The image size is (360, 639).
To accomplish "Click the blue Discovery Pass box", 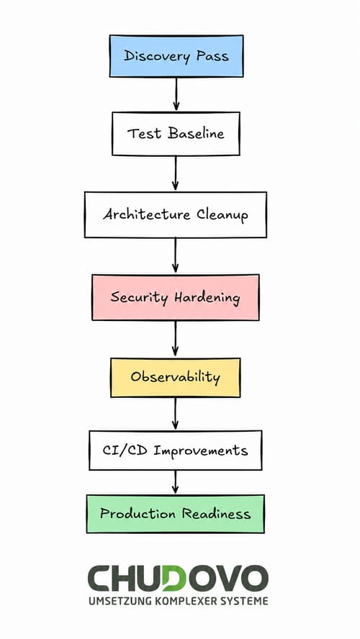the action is coord(176,56).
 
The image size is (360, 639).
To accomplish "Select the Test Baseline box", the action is coord(176,134).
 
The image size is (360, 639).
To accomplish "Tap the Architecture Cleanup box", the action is coord(175,214).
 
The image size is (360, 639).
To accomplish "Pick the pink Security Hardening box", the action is coord(175,297).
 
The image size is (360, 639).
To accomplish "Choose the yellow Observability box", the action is coord(175,377).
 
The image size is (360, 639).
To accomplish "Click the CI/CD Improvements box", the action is coord(175,450).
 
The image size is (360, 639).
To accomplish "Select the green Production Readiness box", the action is coord(175,514).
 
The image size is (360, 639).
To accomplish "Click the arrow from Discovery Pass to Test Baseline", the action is coord(176,94).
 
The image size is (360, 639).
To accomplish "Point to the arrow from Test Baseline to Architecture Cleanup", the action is coord(175,173).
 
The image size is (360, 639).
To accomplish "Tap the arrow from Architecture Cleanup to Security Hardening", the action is coord(175,255).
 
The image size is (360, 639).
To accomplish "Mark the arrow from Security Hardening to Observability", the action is coord(175,339).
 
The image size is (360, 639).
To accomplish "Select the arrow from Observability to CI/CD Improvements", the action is coord(175,414).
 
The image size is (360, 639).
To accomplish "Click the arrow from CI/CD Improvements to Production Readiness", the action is coord(175,482).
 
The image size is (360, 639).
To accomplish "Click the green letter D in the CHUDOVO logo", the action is coord(174,579).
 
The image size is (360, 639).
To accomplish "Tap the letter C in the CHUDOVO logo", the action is coord(99,579).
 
